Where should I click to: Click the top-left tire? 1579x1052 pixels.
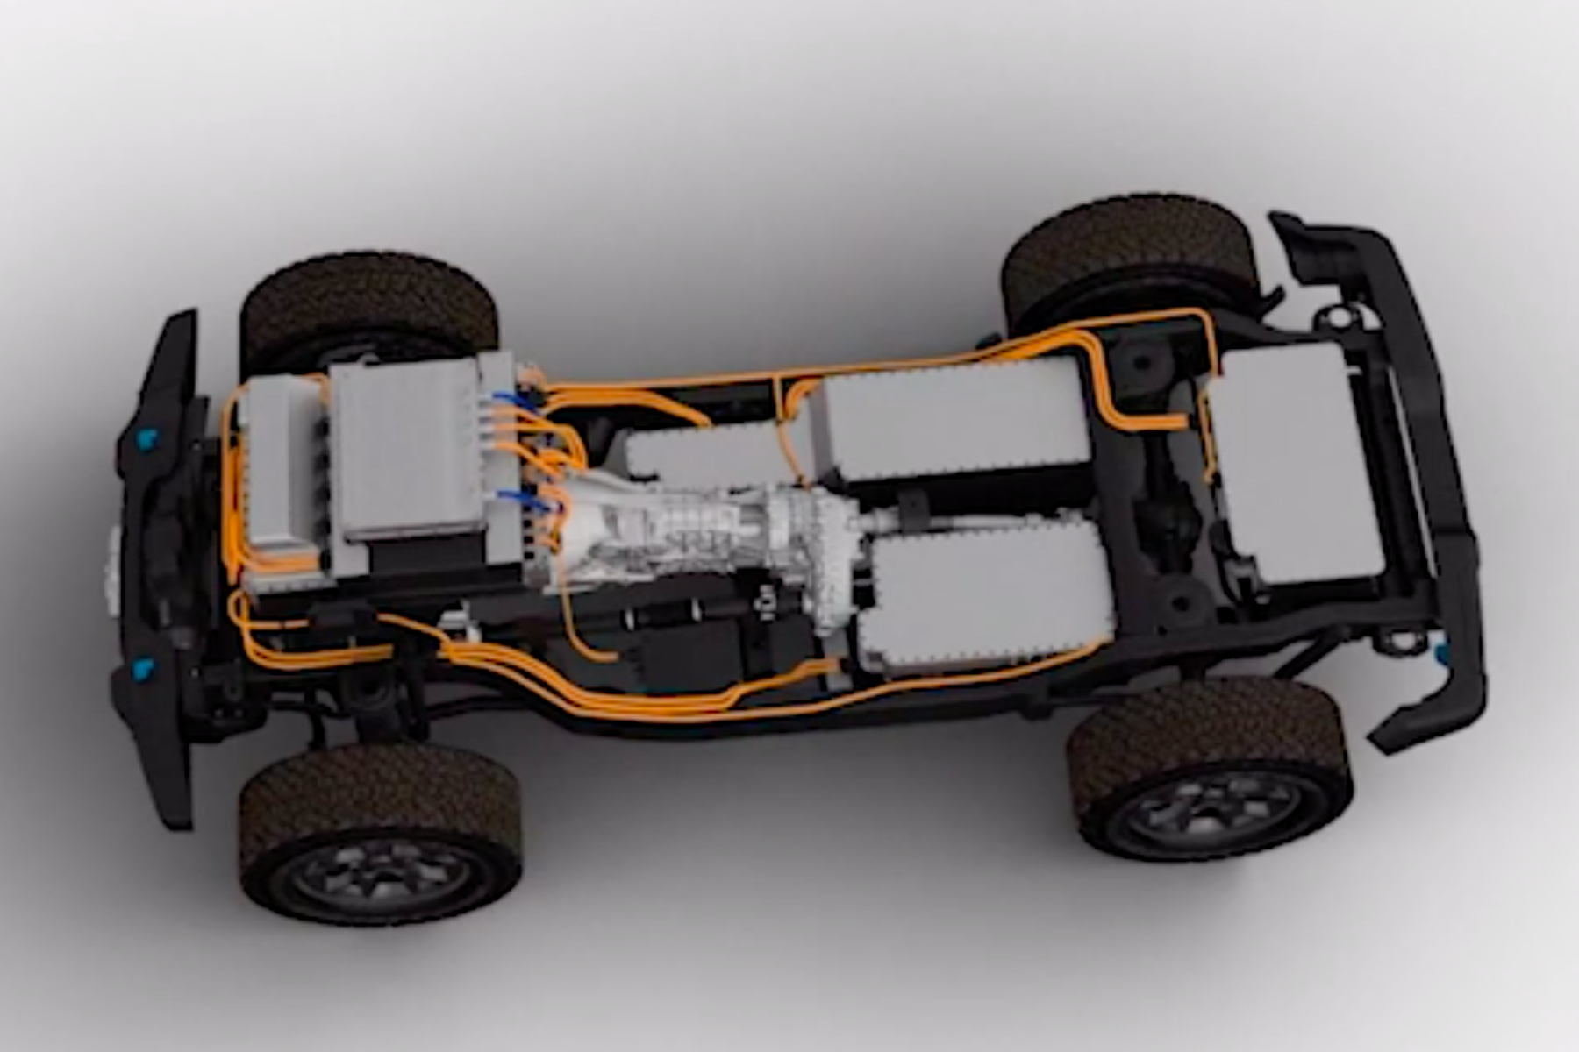(x=368, y=298)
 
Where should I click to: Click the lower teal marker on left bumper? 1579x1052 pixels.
(x=140, y=671)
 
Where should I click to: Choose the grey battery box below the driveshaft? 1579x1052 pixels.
(x=982, y=596)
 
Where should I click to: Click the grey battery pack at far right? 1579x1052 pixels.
(x=1290, y=460)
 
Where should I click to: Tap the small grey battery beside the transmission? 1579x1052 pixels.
(x=702, y=456)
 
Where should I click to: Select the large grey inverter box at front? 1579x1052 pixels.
(x=408, y=447)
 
